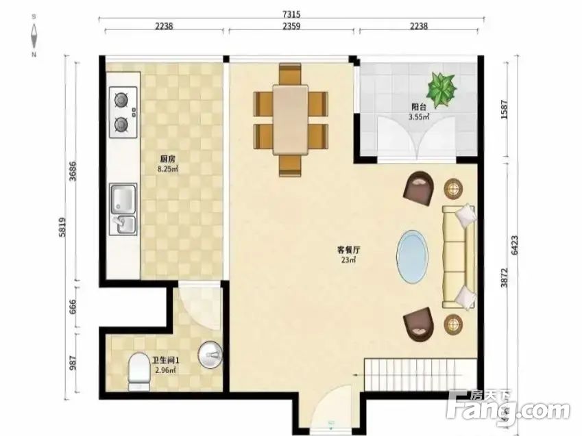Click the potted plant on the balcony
[x=441, y=90]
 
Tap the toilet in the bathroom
[x=139, y=372]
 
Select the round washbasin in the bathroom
[x=210, y=355]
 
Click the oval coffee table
[x=412, y=257]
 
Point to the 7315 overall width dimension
[x=291, y=14]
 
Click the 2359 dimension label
[x=291, y=26]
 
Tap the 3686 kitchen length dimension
[x=73, y=171]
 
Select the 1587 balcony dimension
[x=504, y=110]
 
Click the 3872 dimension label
[x=504, y=277]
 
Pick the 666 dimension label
[x=73, y=307]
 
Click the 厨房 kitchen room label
[x=167, y=159]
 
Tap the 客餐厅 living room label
[x=348, y=250]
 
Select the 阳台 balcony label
[x=419, y=107]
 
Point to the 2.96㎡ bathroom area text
[x=165, y=370]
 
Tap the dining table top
[x=291, y=120]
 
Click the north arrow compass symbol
[x=34, y=36]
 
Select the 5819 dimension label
[x=62, y=227]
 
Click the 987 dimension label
[x=73, y=363]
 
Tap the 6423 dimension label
[x=515, y=245]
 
